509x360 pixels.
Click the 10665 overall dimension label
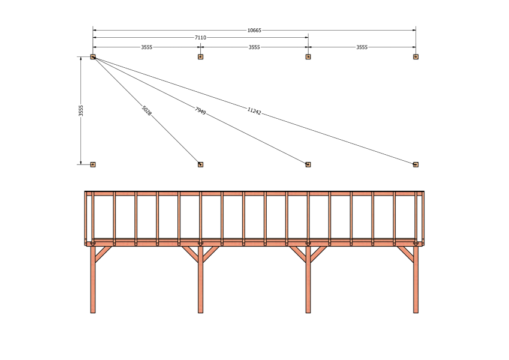click(x=254, y=30)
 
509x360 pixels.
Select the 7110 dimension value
click(x=200, y=38)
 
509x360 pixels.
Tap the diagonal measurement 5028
click(x=147, y=111)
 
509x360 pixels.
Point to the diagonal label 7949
click(x=200, y=111)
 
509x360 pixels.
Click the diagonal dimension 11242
click(x=254, y=111)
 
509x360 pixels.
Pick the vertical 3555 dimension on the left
click(x=81, y=110)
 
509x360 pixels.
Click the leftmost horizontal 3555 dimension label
click(x=146, y=47)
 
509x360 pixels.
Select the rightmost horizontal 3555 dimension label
click(x=362, y=47)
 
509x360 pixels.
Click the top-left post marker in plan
click(x=93, y=57)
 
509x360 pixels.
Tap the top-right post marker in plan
click(x=415, y=57)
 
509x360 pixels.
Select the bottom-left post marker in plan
click(x=93, y=165)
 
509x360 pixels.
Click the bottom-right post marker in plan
click(x=415, y=165)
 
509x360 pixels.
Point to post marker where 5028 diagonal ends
click(x=200, y=165)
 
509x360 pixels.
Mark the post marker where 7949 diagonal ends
click(x=308, y=165)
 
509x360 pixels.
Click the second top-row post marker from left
click(x=200, y=57)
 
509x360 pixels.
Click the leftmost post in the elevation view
click(x=93, y=280)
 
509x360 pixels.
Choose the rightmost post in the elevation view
click(x=415, y=280)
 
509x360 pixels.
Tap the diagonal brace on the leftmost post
click(x=103, y=254)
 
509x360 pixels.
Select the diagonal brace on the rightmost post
click(x=405, y=254)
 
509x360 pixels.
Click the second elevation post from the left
click(x=200, y=280)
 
